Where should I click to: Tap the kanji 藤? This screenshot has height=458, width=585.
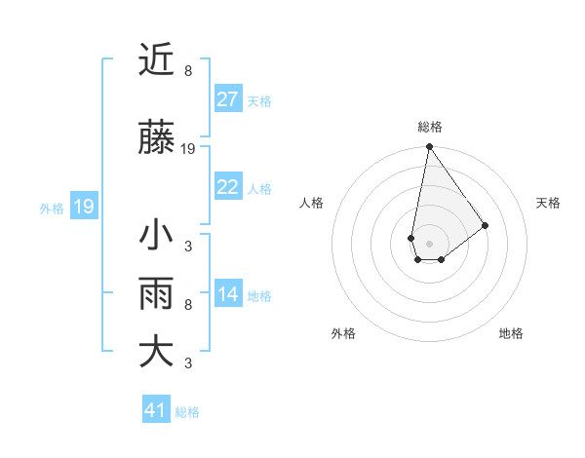pos(157,140)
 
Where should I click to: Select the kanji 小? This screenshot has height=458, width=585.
pos(157,236)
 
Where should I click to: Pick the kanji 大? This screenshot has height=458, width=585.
pos(157,352)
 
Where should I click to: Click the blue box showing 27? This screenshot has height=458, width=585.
pos(227,99)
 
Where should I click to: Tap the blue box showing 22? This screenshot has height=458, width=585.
pos(227,187)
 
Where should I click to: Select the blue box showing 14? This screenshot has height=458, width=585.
pos(227,294)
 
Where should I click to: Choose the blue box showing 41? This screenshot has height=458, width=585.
pos(156,410)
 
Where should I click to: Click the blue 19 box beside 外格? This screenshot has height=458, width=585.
pos(83,207)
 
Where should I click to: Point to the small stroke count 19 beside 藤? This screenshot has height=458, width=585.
pos(188,150)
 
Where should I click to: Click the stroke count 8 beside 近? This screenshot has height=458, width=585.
pos(188,71)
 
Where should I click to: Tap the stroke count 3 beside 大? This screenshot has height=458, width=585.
pos(188,363)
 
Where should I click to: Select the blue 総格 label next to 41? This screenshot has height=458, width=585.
pos(187,412)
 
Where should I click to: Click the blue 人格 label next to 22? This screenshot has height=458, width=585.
pos(259,188)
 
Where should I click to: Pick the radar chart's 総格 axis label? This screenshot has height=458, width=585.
pos(429,127)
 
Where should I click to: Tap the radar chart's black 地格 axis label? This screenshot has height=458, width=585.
pos(511,333)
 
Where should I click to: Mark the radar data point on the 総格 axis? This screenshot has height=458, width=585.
pos(429,147)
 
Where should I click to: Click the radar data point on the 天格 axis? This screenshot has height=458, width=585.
pos(485,225)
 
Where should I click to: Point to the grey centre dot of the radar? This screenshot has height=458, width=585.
pos(429,242)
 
